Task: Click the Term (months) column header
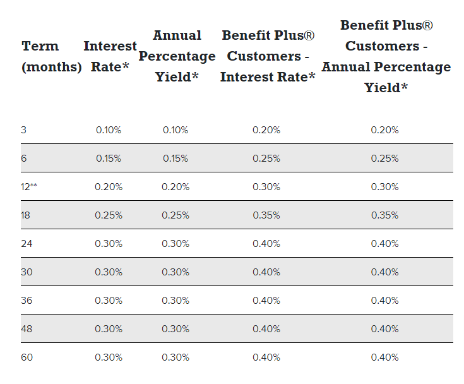(x=51, y=56)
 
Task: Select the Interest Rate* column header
(x=110, y=56)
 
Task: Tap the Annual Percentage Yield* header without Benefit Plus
(x=177, y=56)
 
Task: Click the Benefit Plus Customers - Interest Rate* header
(x=268, y=56)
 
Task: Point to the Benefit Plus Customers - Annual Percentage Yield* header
(x=386, y=56)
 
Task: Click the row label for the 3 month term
(x=24, y=130)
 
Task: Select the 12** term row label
(x=29, y=187)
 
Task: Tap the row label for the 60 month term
(x=27, y=357)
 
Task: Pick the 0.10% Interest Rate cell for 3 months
(x=109, y=130)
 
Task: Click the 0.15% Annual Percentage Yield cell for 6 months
(x=175, y=159)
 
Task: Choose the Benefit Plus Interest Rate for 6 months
(x=266, y=159)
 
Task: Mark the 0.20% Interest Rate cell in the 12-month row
(x=109, y=187)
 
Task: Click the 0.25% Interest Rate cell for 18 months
(x=109, y=215)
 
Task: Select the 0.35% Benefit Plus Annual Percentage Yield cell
(x=385, y=215)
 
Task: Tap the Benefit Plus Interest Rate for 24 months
(x=266, y=244)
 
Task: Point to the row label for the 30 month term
(x=27, y=272)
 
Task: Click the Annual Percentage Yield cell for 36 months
(x=175, y=301)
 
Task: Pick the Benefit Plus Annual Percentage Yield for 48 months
(x=385, y=329)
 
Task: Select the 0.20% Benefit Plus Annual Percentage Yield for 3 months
(x=385, y=130)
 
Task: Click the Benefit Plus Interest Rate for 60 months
(x=266, y=357)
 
